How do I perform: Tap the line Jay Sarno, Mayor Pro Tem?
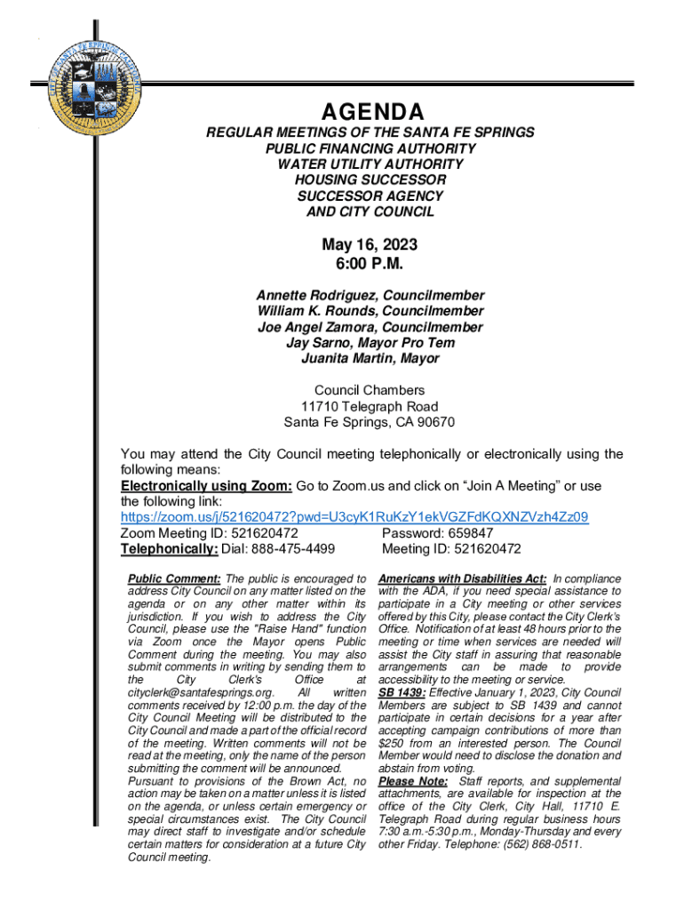tap(370, 343)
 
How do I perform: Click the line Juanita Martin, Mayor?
tap(370, 359)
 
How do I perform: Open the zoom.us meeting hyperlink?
tap(354, 517)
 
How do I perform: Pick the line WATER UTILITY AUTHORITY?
tap(370, 164)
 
